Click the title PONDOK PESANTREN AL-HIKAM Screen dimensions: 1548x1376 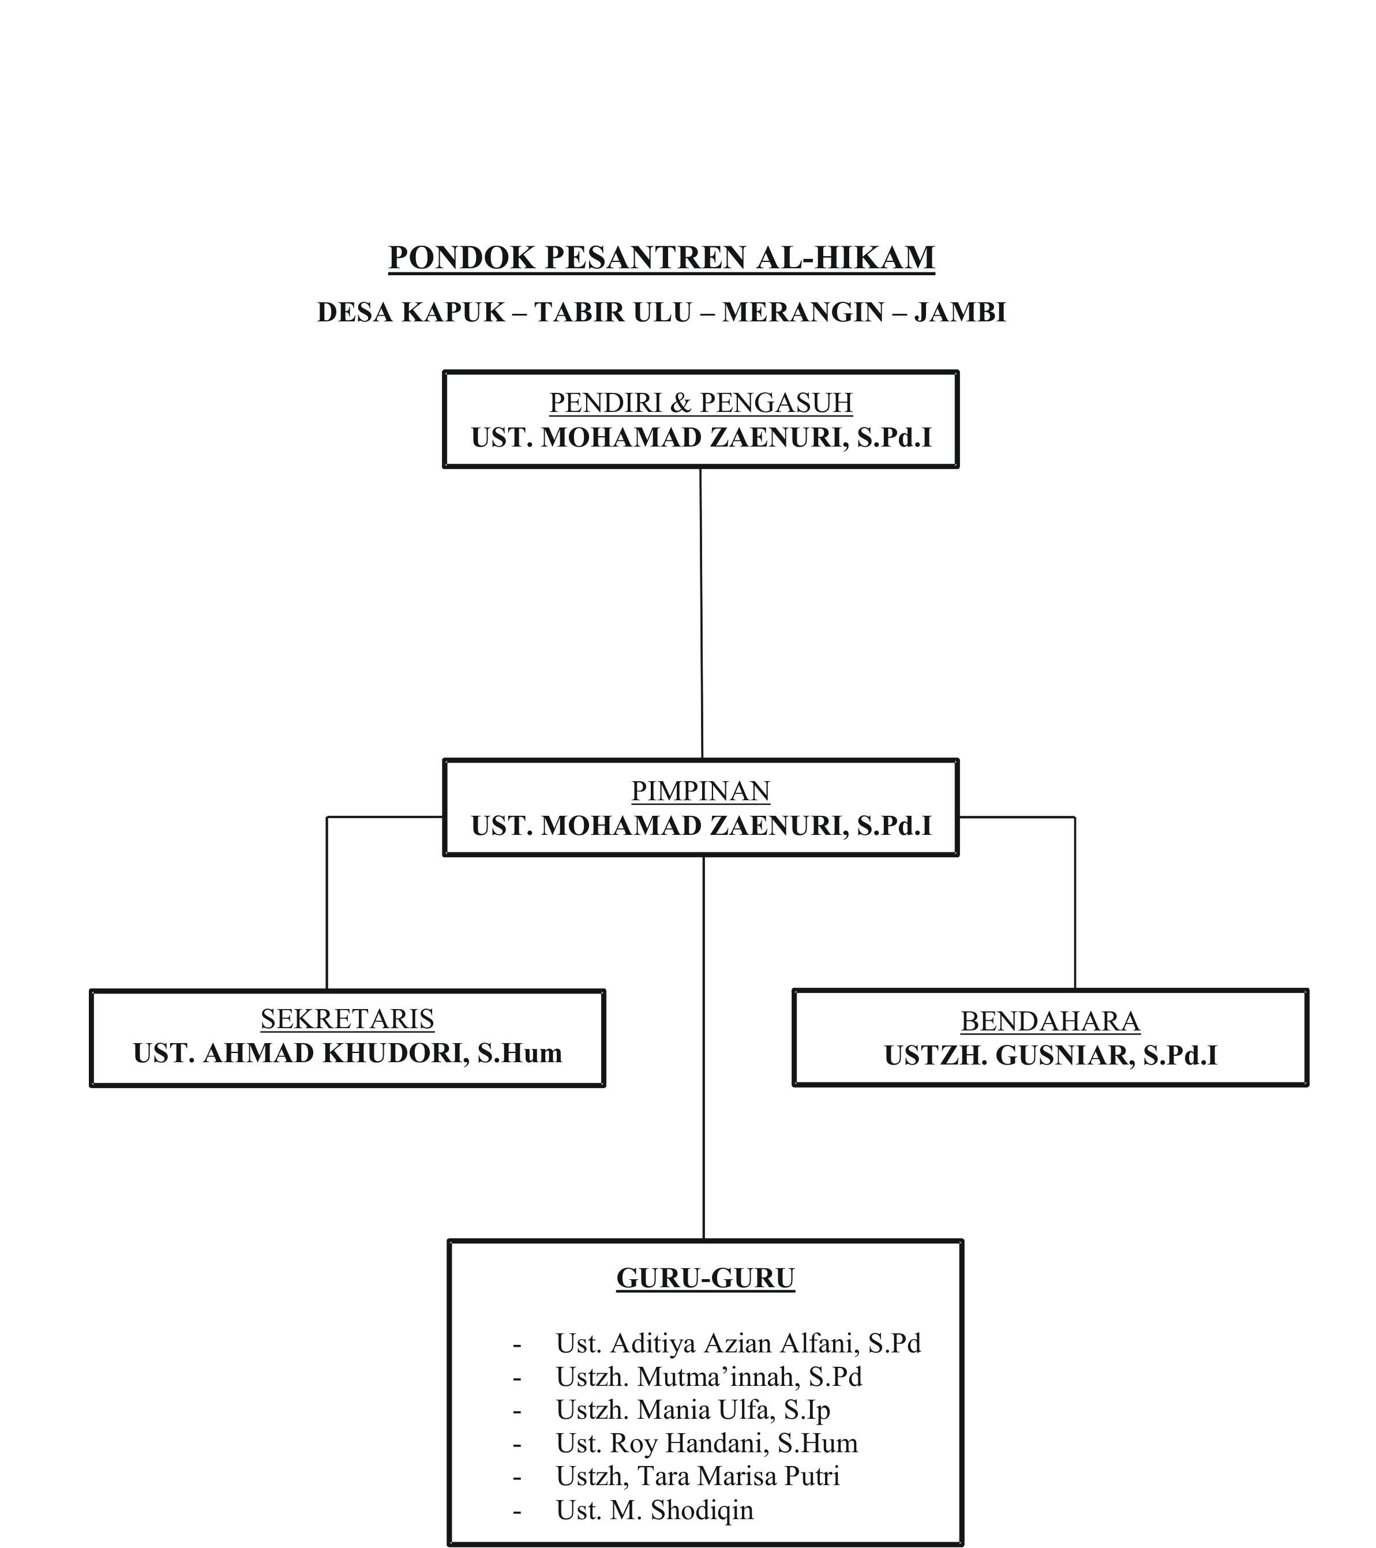(x=661, y=257)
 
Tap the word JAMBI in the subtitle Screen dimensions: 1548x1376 (x=959, y=312)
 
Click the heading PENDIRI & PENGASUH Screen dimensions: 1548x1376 (x=700, y=402)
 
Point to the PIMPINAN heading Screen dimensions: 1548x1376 (x=700, y=790)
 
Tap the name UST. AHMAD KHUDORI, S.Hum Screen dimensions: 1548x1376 (x=347, y=1054)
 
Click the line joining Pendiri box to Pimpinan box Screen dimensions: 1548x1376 (x=701, y=613)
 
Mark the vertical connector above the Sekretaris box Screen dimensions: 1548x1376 (x=327, y=901)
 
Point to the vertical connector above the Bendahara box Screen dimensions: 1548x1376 (x=1075, y=901)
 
